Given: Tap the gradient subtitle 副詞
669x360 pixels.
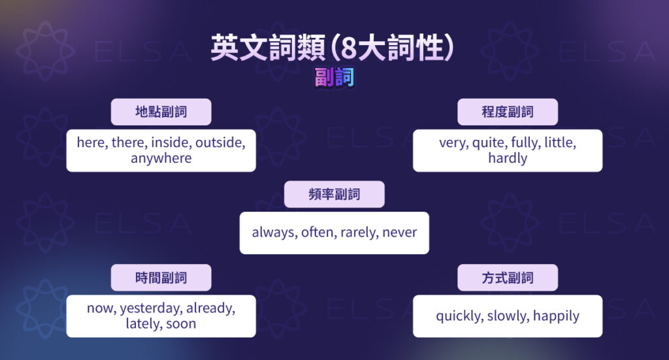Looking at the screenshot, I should pos(334,78).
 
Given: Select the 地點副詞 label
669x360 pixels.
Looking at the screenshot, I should pos(161,112).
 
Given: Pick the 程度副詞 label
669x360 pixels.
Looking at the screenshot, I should pos(508,112).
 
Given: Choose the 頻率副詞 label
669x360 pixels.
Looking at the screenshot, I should pos(334,195).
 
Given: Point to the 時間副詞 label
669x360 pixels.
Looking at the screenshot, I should pos(161,278).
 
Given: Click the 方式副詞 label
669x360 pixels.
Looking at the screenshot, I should pos(508,278).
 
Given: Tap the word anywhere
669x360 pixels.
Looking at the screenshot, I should pos(161,158).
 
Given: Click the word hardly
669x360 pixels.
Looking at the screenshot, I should pos(508,158).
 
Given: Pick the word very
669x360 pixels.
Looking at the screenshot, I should pos(452,142).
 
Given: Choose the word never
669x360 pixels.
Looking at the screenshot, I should pos(399,233).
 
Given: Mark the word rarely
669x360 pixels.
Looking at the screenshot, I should pos(359,233).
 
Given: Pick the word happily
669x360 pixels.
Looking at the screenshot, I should pos(556,316).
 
